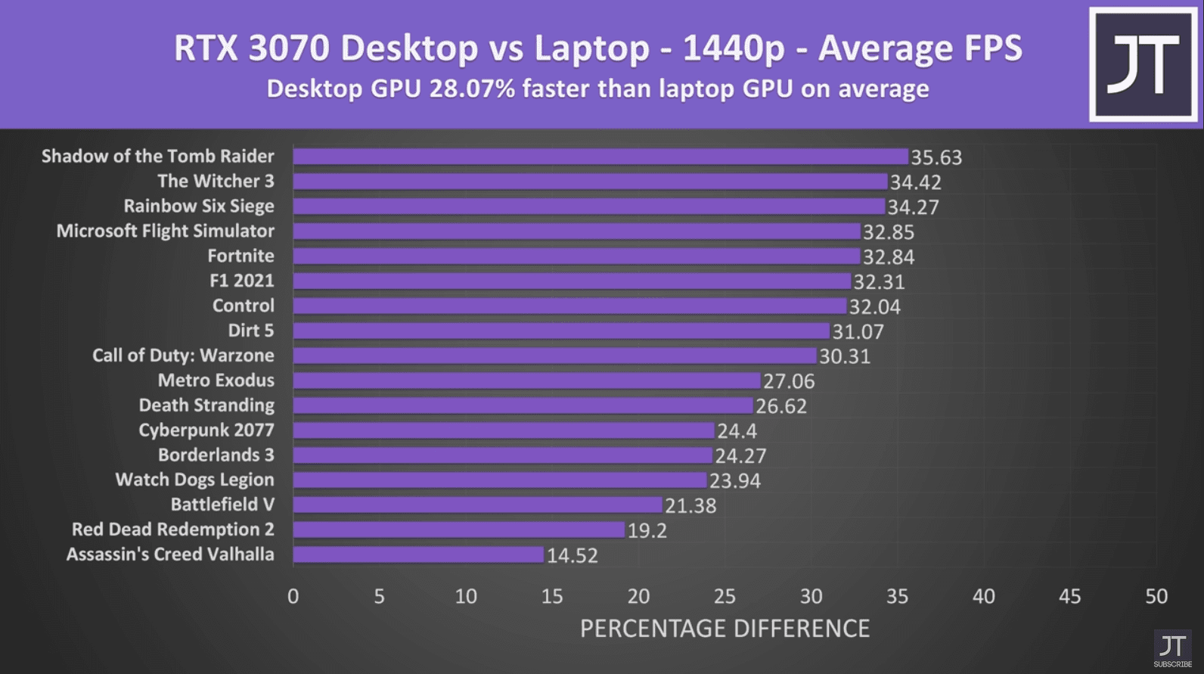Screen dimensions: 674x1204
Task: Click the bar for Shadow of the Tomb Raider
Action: point(600,157)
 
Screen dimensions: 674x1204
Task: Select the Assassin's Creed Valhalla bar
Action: point(418,554)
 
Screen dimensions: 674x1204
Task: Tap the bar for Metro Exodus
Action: point(526,380)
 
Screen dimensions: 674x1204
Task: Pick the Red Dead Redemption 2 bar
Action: point(459,530)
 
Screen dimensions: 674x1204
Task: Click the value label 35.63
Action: point(936,157)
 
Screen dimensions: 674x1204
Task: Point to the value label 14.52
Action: point(573,555)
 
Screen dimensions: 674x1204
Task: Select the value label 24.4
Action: point(737,431)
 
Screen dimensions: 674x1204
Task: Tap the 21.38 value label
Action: point(690,505)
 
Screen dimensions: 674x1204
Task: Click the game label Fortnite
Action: point(240,256)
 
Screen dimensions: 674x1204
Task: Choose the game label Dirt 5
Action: point(250,331)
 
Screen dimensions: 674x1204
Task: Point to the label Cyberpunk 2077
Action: point(206,430)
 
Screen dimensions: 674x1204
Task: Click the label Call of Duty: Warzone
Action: point(183,356)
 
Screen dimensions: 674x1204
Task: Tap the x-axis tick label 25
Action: point(725,597)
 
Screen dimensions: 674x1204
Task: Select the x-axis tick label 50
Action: point(1156,597)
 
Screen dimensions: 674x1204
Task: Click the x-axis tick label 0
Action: point(293,597)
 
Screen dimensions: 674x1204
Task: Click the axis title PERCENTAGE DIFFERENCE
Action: point(725,629)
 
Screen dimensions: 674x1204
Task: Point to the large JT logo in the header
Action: point(1143,64)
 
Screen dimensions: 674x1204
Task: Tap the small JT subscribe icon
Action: point(1172,649)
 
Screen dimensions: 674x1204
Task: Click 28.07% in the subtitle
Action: point(472,89)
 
